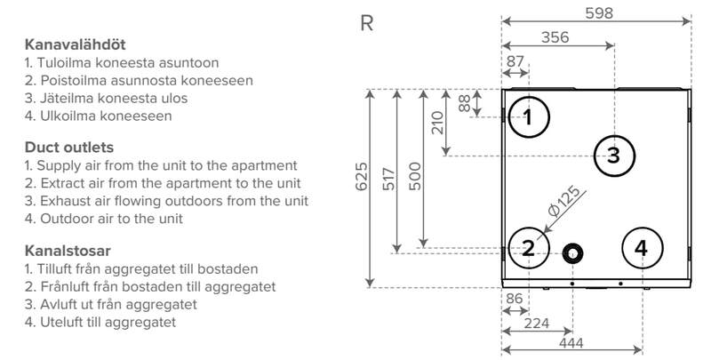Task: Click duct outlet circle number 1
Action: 528,116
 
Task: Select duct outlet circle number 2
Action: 528,249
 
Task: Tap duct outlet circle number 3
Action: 613,156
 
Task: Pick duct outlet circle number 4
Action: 643,249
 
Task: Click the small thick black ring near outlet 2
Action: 573,252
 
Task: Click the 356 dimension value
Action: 555,36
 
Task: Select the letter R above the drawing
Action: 365,24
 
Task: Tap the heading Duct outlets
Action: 68,147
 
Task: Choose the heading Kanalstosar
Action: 68,250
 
